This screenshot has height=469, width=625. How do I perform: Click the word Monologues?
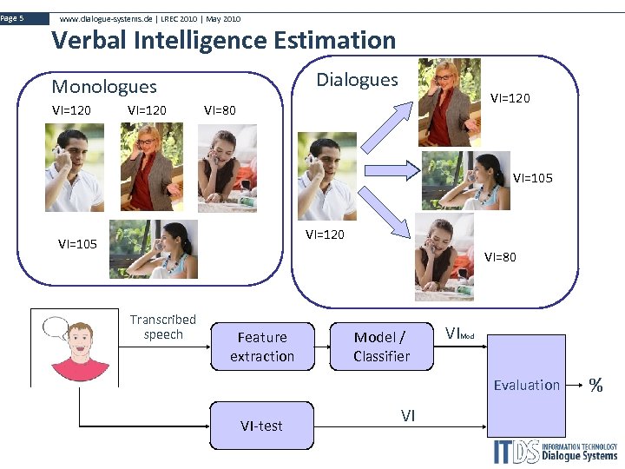coord(104,86)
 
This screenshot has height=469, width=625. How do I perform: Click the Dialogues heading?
coord(357,80)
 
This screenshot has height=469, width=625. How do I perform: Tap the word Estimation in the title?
coord(334,40)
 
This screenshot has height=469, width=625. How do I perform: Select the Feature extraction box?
coord(262,347)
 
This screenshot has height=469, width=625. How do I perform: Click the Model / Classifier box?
coord(381,347)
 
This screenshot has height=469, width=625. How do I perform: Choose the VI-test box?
coord(261,425)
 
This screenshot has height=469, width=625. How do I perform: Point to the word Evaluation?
coord(526,385)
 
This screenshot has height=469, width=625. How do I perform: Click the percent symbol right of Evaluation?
coord(596,385)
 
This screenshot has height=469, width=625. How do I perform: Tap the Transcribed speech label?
coord(163,327)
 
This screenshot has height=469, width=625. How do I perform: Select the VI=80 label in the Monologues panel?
coord(219,110)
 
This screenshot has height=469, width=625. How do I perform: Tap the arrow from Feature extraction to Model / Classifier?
coord(312,346)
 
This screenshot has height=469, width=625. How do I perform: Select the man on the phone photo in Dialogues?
coord(326,176)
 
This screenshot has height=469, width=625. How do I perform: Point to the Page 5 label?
coord(13,18)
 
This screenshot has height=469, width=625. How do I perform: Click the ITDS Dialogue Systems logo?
coord(556,451)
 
